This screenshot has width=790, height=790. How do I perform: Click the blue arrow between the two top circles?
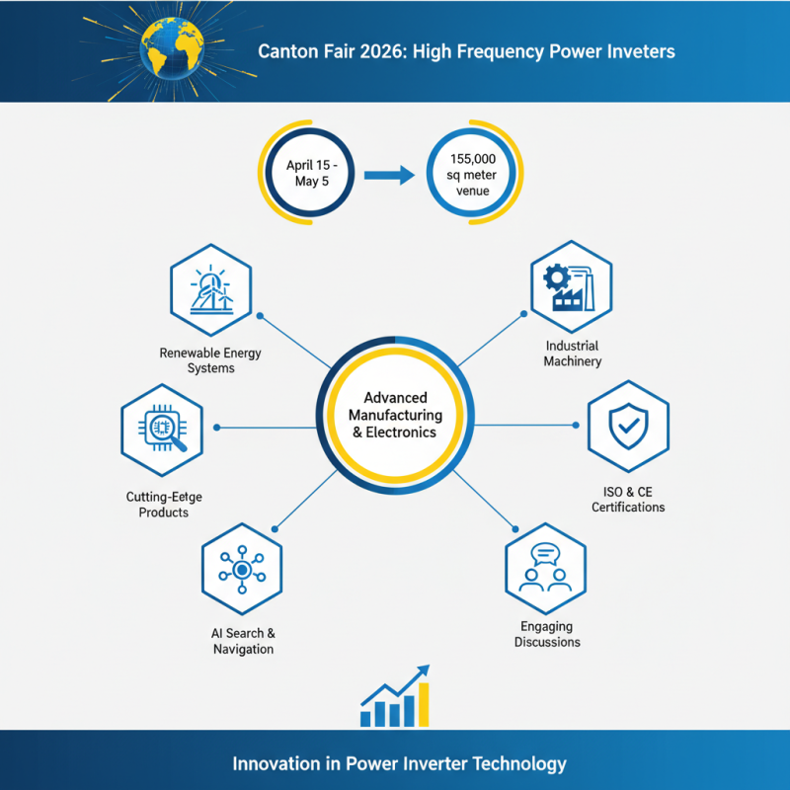(x=387, y=177)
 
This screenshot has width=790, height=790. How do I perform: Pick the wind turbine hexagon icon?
(x=211, y=287)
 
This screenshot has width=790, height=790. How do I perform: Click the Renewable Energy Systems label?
(x=210, y=360)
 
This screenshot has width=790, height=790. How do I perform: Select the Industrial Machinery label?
(x=573, y=354)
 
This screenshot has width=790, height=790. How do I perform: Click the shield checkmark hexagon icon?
(x=627, y=427)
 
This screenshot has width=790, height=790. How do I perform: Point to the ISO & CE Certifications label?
(x=628, y=500)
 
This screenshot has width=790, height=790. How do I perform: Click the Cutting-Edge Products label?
(x=164, y=505)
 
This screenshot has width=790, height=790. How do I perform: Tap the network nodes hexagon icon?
(x=241, y=571)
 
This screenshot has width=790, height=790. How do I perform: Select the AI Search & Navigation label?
(x=243, y=641)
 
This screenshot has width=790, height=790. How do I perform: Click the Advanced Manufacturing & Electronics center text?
(x=395, y=415)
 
